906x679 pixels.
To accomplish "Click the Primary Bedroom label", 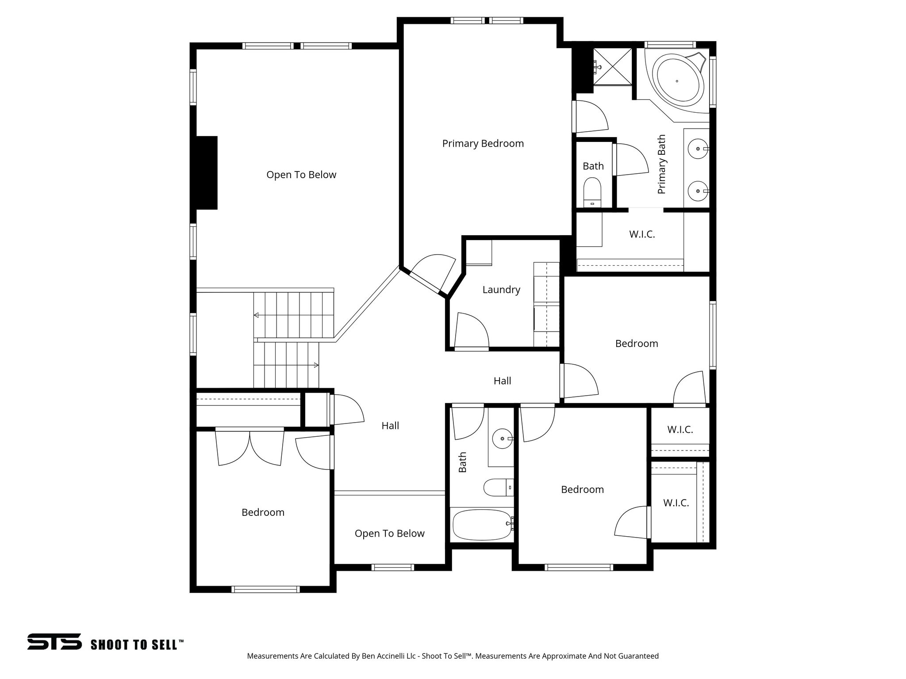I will (483, 144).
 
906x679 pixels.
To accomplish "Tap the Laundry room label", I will (501, 290).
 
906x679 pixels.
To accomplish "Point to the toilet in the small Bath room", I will (592, 193).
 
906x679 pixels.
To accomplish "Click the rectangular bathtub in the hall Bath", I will (482, 524).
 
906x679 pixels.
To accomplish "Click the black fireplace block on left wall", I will (207, 173).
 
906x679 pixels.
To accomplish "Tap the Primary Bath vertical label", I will (661, 164).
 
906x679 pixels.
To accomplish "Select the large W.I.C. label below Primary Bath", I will (641, 234).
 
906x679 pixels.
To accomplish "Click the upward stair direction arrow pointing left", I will (257, 315).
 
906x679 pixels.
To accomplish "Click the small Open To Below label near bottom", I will (389, 534).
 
